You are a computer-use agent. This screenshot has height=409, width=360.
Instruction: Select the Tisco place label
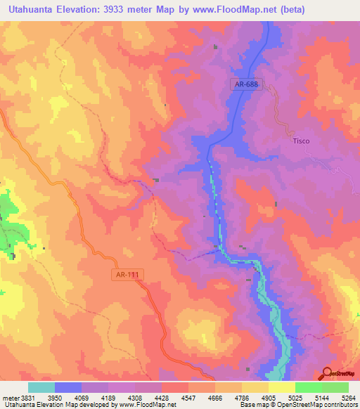301,141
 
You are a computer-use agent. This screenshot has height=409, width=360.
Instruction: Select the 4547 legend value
189,398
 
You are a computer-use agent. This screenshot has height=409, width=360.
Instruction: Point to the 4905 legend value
269,398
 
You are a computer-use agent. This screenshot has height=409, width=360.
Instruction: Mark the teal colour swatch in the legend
41,387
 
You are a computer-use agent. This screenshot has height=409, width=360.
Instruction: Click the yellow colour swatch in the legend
282,387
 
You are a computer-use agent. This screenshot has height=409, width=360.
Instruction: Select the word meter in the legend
9,398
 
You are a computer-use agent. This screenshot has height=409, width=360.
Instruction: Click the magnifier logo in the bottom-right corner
327,374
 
